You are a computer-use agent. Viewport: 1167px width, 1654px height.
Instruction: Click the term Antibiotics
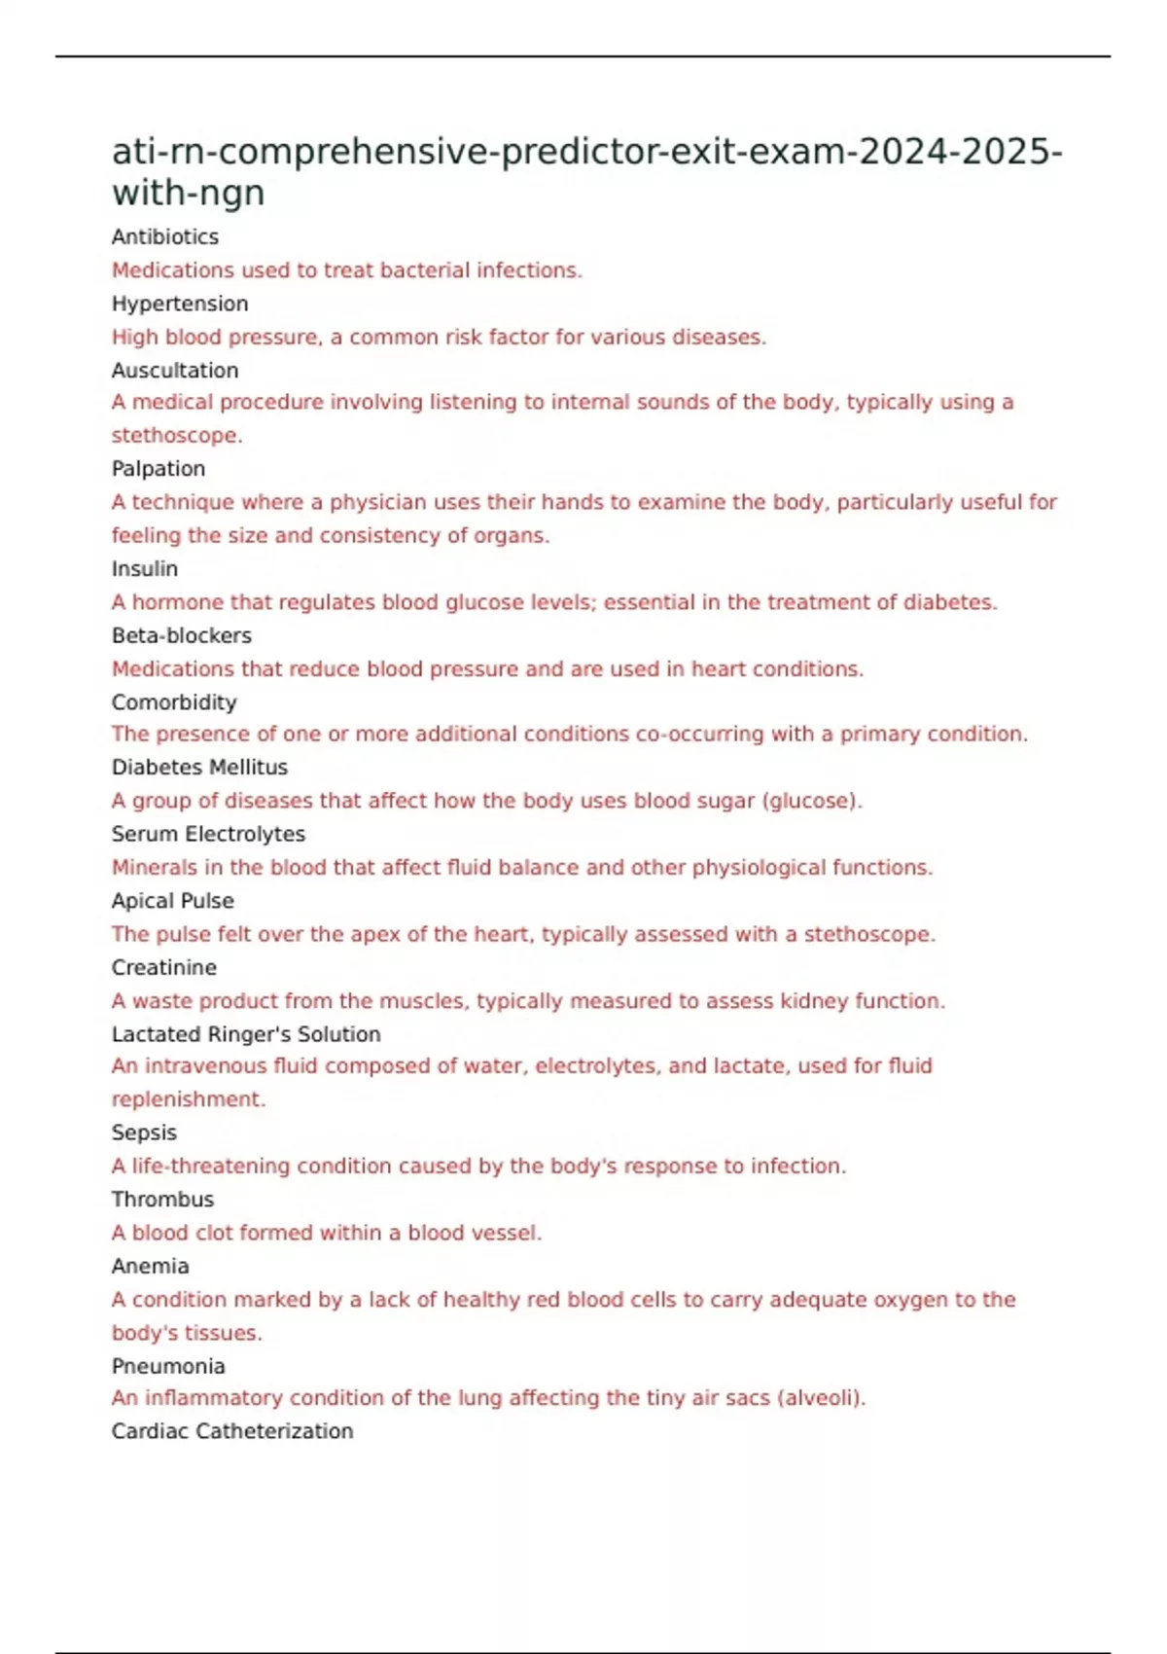pos(164,236)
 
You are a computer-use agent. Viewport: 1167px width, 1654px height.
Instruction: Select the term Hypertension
pos(180,304)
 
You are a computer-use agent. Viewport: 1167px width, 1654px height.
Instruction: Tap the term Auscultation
pos(175,371)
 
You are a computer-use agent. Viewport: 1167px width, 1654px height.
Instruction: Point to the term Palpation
pos(159,469)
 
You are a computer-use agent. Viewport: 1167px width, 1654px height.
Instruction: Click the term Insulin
pos(145,569)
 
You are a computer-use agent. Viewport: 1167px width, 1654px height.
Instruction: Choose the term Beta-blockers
pos(182,635)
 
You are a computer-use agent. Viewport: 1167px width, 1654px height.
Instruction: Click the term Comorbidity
pos(174,702)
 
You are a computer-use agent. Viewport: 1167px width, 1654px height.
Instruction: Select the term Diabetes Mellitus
pos(199,768)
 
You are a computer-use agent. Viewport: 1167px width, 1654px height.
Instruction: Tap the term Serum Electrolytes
pos(208,834)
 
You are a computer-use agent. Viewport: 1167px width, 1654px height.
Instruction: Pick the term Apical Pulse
pos(172,901)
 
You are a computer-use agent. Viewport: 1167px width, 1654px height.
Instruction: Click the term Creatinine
pos(163,968)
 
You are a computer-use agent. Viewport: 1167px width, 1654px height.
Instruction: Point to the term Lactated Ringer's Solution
pos(246,1034)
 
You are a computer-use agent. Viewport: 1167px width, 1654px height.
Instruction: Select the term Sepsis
pos(144,1133)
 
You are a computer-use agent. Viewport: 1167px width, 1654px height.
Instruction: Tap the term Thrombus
pos(162,1200)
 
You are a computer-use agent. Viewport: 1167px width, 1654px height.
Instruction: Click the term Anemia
pos(150,1266)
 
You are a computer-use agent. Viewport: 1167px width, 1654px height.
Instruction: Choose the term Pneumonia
pos(168,1366)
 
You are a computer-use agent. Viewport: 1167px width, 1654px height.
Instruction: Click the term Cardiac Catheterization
pos(232,1431)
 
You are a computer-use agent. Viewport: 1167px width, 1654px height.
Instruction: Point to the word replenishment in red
pos(188,1099)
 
